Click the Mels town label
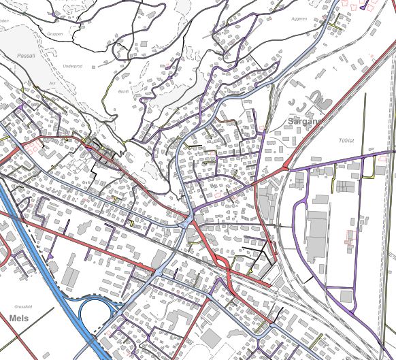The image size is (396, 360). coord(18,317)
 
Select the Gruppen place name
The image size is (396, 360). coord(55,33)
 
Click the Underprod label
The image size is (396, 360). coord(71,66)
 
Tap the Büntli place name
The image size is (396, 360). coord(123,91)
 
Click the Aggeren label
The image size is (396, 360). coord(299,19)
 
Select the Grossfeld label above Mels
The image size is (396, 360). coord(23,307)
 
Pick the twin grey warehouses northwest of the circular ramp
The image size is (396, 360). coord(71,276)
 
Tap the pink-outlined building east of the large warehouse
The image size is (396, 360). coord(350,238)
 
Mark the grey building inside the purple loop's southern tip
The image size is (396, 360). coord(346,297)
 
